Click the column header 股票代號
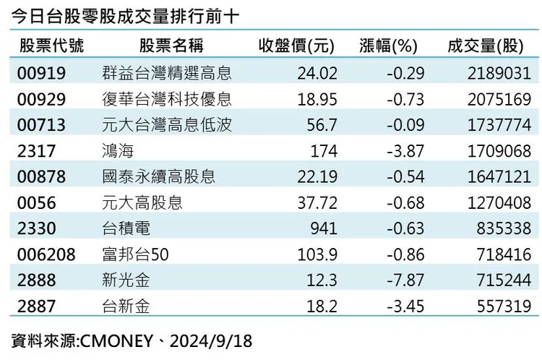click(x=51, y=46)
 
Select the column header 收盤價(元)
click(x=296, y=46)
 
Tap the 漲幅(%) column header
click(x=388, y=46)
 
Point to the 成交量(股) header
click(x=486, y=46)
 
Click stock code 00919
click(x=41, y=73)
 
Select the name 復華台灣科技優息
click(x=167, y=99)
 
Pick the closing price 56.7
click(x=322, y=125)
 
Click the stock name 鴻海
click(x=118, y=151)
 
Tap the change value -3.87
click(x=405, y=151)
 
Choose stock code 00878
click(x=41, y=176)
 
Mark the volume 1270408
click(x=499, y=203)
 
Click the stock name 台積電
click(x=126, y=228)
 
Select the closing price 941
click(x=324, y=228)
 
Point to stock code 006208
click(x=46, y=255)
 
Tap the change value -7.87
click(x=405, y=280)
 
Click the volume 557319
click(x=504, y=307)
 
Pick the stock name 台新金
click(x=126, y=307)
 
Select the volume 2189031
click(x=499, y=73)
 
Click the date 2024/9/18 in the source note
click(x=211, y=341)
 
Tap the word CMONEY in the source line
click(x=116, y=341)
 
